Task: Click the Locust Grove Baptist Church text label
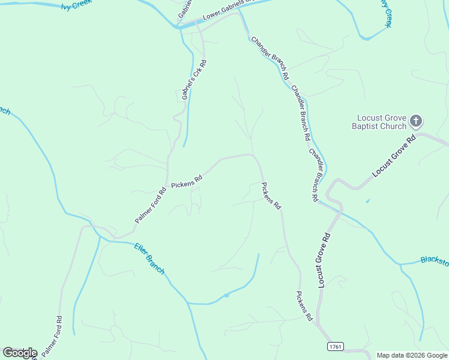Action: tap(382, 122)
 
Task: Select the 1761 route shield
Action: tap(336, 347)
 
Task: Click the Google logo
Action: tap(20, 353)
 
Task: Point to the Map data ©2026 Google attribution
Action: tap(411, 355)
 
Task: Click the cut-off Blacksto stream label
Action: tap(434, 260)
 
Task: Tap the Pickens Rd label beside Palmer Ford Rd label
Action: tap(187, 182)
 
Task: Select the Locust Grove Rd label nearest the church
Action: tap(394, 157)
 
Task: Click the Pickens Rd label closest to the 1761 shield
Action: tap(304, 305)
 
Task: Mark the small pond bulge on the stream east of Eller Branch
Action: tap(226, 295)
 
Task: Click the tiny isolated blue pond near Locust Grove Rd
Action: tap(367, 200)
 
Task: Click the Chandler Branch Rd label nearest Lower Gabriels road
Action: tap(271, 59)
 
